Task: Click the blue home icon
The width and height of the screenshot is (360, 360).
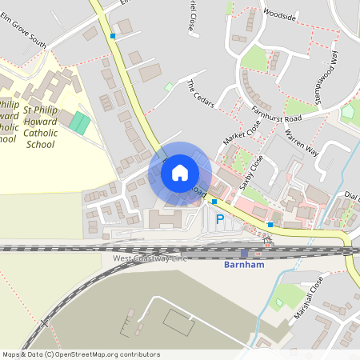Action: tap(180, 173)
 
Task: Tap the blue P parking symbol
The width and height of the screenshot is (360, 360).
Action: tap(220, 219)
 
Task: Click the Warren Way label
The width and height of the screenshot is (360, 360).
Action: tap(302, 139)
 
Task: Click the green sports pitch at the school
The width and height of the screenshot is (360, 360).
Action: tap(79, 123)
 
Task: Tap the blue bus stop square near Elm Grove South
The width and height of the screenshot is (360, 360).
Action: tap(113, 36)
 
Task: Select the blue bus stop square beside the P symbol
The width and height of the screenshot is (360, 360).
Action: tap(214, 202)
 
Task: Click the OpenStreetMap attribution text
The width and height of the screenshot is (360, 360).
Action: tap(80, 354)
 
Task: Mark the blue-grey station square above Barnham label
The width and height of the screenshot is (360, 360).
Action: tap(244, 252)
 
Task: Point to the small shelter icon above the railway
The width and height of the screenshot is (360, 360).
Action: tap(267, 239)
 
